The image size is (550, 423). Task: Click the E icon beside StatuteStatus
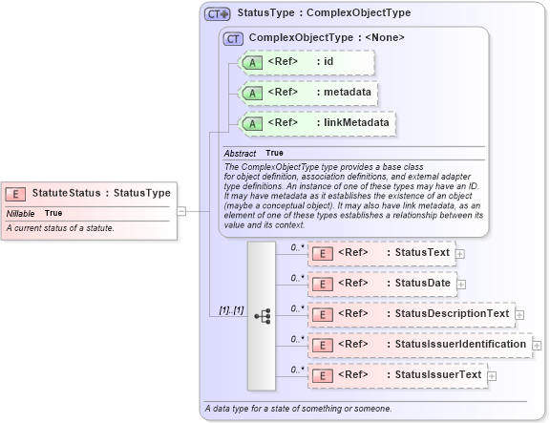pos(17,194)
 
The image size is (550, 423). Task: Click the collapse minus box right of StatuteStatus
pos(181,211)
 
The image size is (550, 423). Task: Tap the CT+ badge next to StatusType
pos(218,14)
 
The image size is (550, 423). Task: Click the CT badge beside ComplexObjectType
pos(232,39)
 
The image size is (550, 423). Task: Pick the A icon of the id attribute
pos(251,63)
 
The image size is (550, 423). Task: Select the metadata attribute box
pos(308,93)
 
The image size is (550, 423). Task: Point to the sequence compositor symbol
pos(262,314)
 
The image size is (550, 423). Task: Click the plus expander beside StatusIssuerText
pos(492,375)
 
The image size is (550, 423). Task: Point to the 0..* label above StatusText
pos(297,247)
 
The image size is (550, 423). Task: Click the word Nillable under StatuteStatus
pos(21,213)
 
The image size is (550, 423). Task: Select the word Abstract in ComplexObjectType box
pos(240,153)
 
